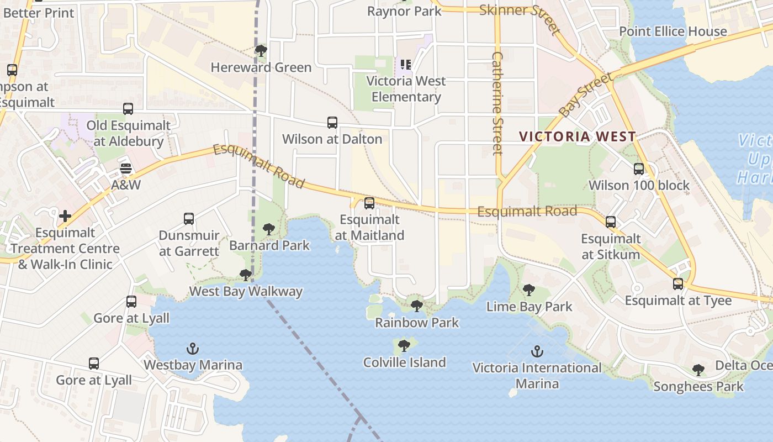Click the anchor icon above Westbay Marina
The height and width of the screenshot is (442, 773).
click(192, 349)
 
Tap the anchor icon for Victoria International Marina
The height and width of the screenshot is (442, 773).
click(537, 351)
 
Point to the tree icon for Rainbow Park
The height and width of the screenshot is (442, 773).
click(417, 306)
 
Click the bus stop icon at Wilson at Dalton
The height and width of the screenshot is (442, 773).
click(332, 123)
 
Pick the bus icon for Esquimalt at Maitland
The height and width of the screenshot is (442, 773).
click(369, 203)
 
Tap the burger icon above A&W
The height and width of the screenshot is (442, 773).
click(126, 168)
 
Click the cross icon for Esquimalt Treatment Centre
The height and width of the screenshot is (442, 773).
click(65, 216)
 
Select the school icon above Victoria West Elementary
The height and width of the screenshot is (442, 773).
click(406, 65)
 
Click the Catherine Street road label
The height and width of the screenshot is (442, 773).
click(497, 103)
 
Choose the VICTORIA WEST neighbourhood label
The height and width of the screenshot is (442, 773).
click(578, 136)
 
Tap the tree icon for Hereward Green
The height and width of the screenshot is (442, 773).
click(261, 51)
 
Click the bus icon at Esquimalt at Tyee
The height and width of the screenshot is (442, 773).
click(678, 284)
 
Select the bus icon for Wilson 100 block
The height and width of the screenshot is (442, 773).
click(639, 169)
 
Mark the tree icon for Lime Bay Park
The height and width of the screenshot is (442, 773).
click(529, 290)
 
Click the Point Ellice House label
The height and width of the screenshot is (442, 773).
click(673, 31)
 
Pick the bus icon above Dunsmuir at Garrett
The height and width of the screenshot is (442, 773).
click(189, 219)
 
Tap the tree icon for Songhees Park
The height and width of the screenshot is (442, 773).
click(698, 370)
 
